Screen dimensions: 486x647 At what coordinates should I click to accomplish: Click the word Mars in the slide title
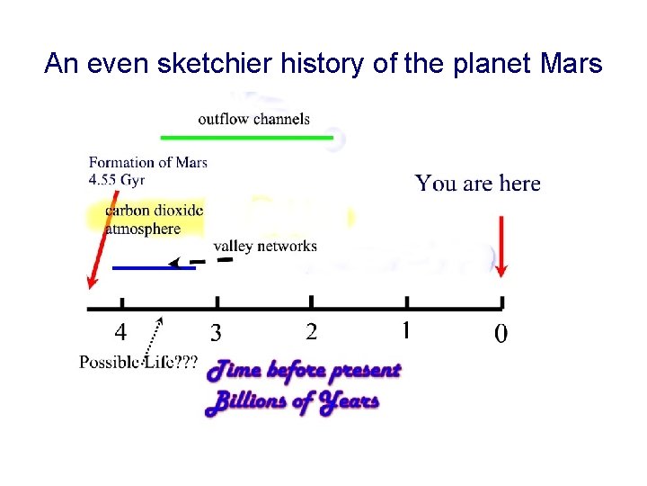tap(572, 63)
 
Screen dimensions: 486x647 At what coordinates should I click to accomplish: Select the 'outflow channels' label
tap(253, 118)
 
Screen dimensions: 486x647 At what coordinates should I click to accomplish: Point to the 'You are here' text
tap(477, 184)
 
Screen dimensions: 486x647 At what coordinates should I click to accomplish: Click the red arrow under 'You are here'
tap(501, 239)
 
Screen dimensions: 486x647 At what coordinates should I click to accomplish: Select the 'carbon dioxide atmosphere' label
tap(154, 220)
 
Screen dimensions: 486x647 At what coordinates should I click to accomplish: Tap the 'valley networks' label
tap(264, 246)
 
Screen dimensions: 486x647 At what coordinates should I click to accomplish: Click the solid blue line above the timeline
tap(153, 267)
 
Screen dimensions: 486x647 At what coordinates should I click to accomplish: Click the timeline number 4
tap(120, 332)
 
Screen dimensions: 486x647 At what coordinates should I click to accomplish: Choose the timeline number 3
tap(216, 333)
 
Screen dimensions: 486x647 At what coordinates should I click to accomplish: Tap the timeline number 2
tap(311, 332)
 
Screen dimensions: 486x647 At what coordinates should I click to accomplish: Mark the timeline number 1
tap(405, 331)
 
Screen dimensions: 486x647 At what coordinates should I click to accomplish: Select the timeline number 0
tap(501, 334)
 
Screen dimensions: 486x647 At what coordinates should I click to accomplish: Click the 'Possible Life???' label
tap(138, 363)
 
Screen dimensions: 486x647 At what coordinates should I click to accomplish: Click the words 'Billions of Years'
tap(293, 400)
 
